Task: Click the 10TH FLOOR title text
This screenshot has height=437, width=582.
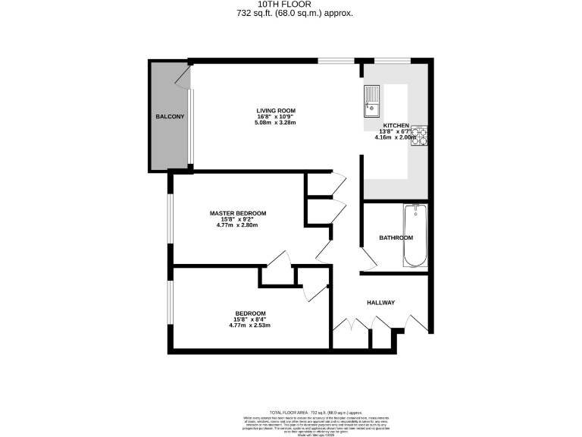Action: point(291,5)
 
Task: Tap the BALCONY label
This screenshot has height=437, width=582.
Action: point(170,117)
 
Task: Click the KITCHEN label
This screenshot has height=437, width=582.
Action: point(396,125)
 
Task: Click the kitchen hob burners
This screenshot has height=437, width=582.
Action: point(420,137)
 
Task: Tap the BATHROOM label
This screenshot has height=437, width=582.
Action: point(396,238)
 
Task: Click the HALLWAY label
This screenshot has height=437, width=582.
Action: point(381,303)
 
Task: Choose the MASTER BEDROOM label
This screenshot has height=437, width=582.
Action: point(238,213)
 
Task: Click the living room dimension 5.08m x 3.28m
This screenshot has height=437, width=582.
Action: point(275,122)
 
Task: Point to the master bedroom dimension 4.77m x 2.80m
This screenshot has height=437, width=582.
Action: point(238,225)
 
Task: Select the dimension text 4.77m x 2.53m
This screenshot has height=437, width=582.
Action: point(250,325)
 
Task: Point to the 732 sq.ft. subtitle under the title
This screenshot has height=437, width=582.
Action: point(291,14)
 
